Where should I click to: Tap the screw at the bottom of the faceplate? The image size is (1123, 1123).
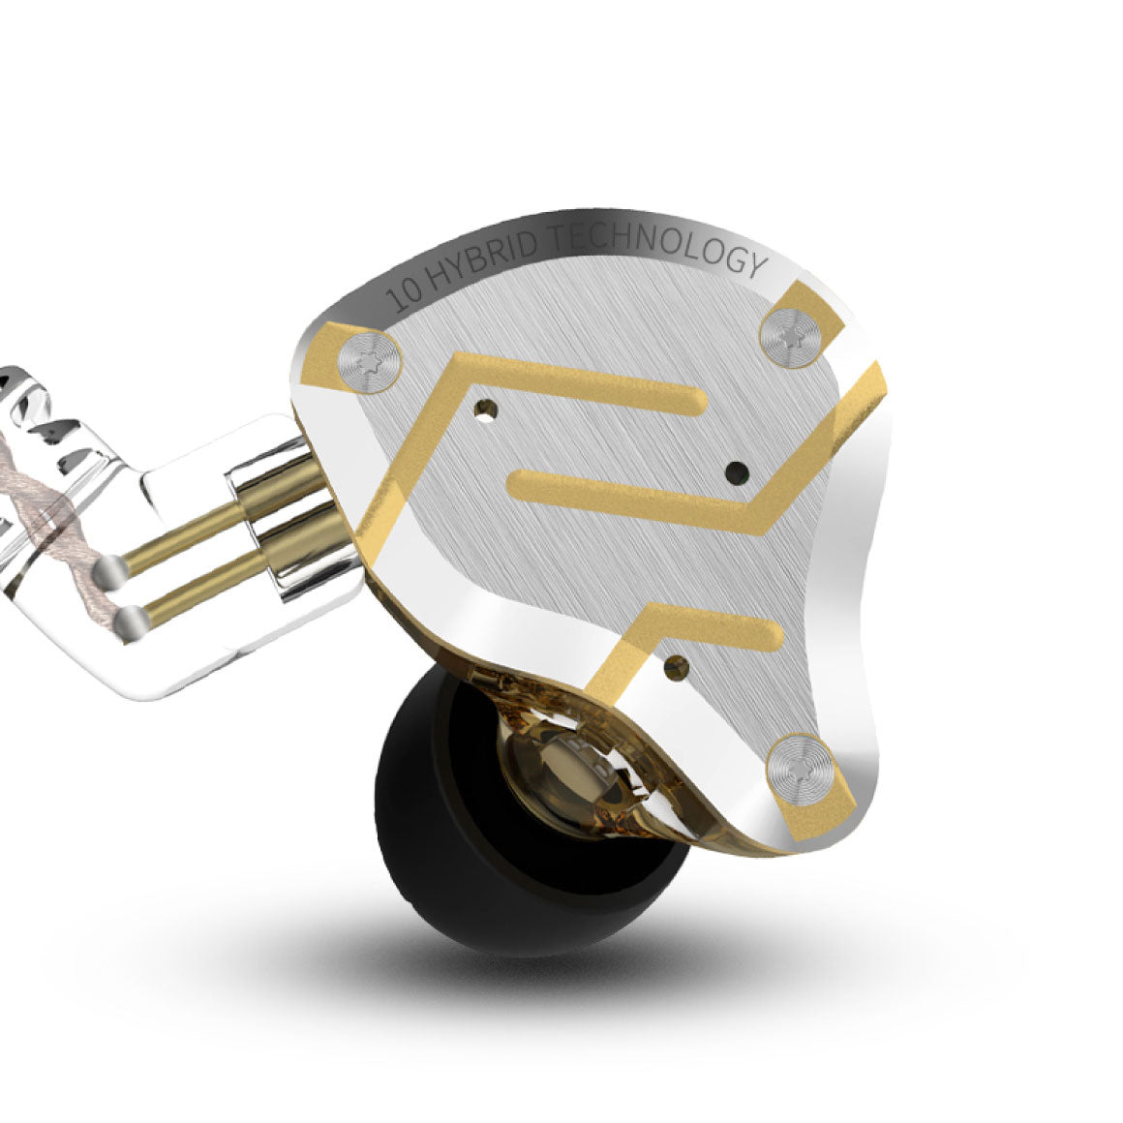click(x=801, y=762)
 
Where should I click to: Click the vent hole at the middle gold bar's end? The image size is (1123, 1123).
click(x=738, y=472)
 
